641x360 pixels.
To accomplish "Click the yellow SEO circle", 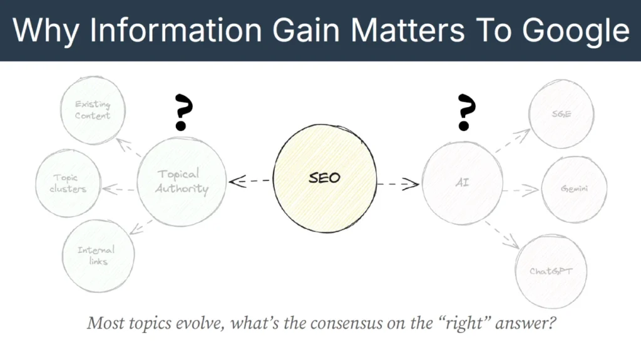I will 324,178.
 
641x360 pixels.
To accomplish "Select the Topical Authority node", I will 182,182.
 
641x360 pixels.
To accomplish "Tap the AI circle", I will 462,185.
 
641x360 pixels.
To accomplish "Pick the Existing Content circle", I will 93,111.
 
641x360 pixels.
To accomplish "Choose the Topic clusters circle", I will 68,183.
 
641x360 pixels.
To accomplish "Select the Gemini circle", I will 573,190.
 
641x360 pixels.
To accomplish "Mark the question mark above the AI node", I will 464,112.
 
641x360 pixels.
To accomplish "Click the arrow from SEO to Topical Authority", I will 250,182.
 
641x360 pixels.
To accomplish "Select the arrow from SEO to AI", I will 397,183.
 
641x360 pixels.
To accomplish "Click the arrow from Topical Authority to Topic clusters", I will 119,188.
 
